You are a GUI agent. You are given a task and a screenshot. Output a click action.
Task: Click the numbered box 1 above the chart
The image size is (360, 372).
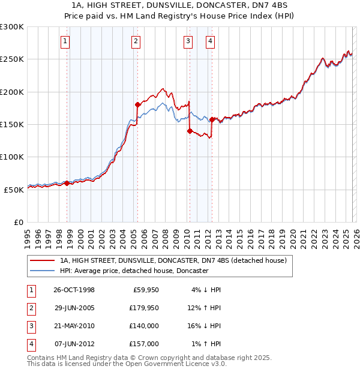64,41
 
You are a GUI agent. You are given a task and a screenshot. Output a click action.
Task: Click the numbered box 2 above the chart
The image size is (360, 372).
136,41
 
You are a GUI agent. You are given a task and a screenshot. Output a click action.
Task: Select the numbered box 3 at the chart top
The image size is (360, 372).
188,41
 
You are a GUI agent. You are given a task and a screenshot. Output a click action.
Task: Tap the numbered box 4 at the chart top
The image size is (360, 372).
211,41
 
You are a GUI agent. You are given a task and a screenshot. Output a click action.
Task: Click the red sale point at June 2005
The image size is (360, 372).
138,104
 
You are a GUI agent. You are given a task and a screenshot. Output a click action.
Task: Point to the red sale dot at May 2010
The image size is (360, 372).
190,131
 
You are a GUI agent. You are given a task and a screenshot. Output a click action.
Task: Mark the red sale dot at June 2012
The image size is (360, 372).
212,119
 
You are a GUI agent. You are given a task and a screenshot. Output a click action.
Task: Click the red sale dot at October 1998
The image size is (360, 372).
67,183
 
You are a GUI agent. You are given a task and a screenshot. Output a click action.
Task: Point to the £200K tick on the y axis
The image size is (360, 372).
13,92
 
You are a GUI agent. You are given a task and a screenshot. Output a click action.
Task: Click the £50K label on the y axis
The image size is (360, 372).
14,190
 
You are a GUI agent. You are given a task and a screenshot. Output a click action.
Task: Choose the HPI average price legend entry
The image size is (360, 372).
133,271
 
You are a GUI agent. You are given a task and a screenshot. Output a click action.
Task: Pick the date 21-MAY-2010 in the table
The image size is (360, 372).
74,326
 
